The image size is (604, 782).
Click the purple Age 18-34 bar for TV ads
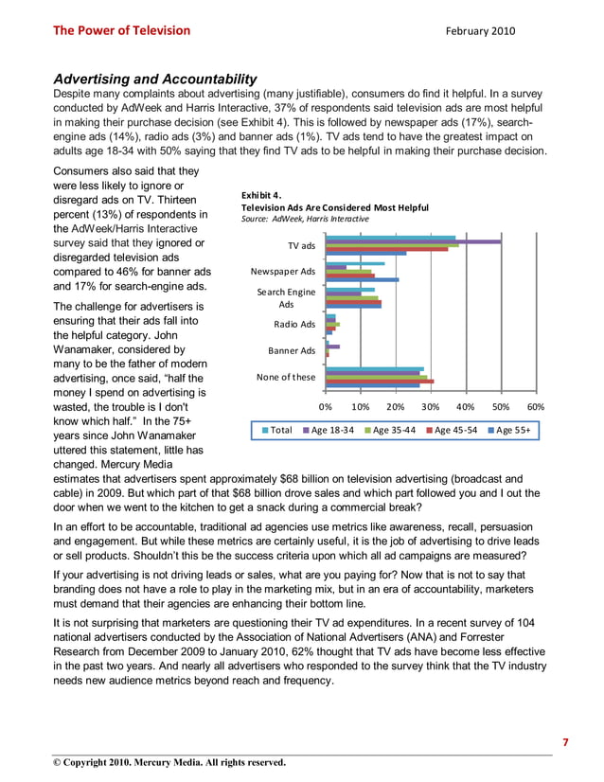(414, 241)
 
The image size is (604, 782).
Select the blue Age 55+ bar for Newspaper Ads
(362, 279)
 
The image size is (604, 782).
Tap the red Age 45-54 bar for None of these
(380, 381)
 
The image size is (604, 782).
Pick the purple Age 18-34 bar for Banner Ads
(332, 347)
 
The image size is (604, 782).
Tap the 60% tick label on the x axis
(536, 407)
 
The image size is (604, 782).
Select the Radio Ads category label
(294, 325)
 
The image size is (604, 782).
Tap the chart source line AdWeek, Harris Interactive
(305, 219)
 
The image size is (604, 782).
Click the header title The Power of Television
(121, 30)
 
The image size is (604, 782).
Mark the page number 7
(566, 742)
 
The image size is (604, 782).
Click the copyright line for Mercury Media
(169, 762)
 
